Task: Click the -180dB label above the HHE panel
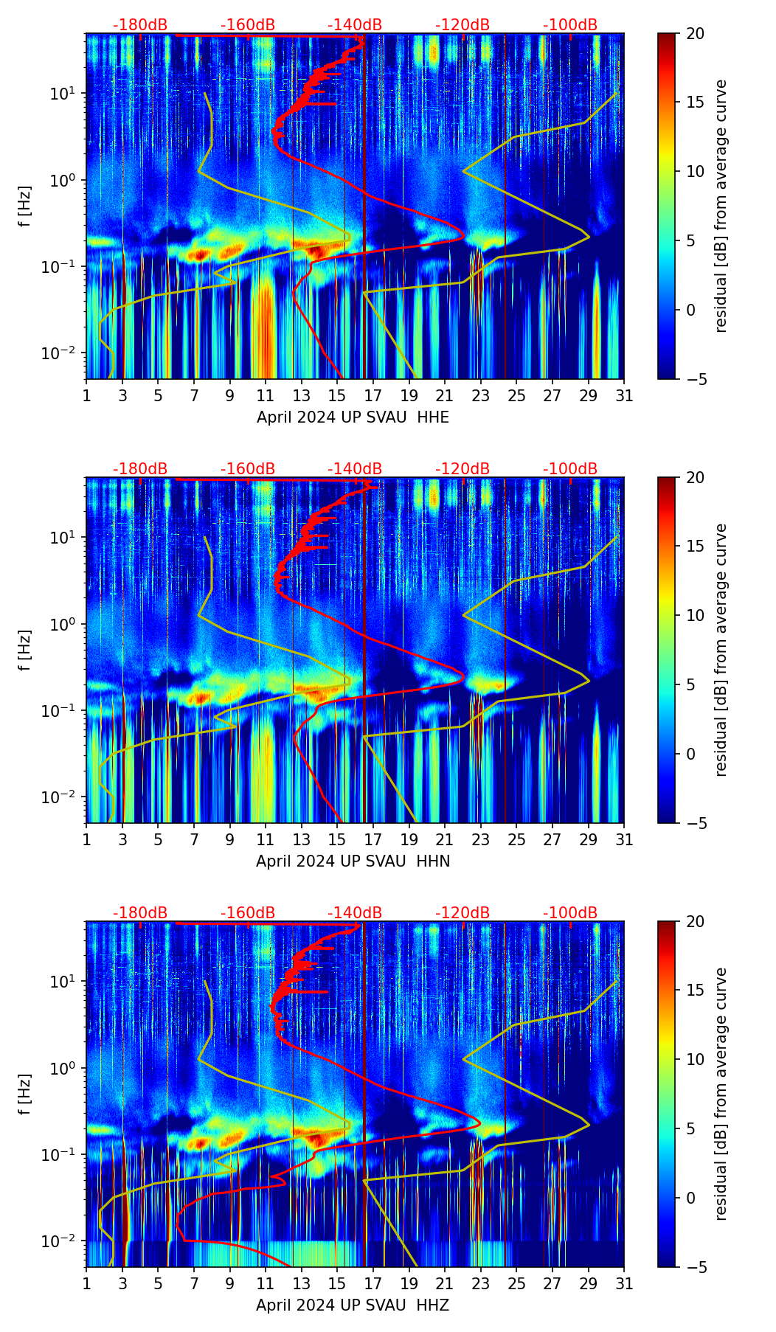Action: (x=140, y=25)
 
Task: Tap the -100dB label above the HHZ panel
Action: (x=570, y=913)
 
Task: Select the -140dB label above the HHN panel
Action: (x=355, y=469)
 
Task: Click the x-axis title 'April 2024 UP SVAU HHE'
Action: (x=353, y=417)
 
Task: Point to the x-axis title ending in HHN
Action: (x=353, y=861)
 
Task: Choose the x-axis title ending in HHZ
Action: (x=353, y=1305)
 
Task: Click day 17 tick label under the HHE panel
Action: (x=373, y=396)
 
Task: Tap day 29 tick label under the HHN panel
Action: (x=588, y=840)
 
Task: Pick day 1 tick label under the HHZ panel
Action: (x=87, y=1284)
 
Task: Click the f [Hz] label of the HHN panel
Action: (x=25, y=650)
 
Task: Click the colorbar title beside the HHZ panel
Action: (x=721, y=1094)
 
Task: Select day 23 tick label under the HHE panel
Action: (x=481, y=396)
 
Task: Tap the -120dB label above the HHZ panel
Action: (x=463, y=913)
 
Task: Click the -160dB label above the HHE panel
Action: (x=248, y=25)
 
